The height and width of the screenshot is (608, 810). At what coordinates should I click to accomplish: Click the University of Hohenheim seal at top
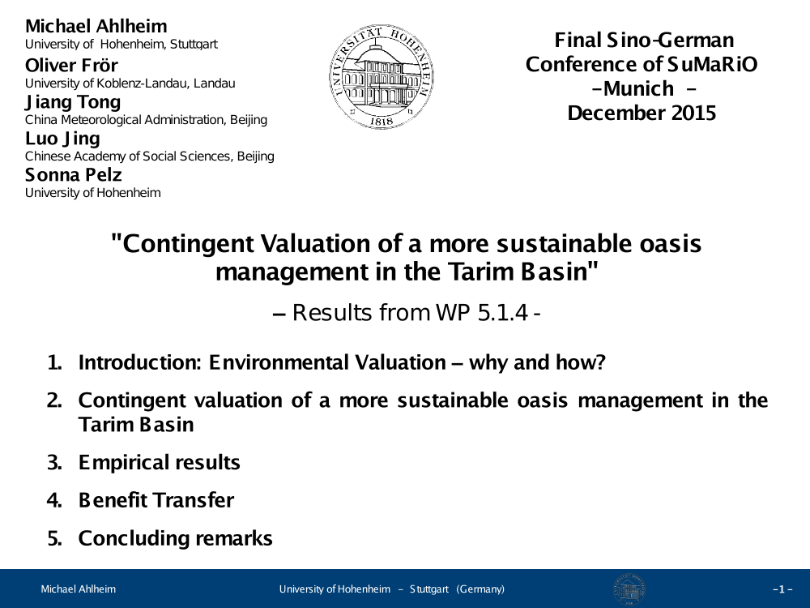click(x=382, y=76)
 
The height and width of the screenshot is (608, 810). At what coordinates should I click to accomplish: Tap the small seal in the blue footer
click(x=629, y=589)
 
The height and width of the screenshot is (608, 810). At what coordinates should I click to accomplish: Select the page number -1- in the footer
click(x=782, y=589)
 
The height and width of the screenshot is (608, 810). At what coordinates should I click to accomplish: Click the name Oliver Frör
click(x=71, y=65)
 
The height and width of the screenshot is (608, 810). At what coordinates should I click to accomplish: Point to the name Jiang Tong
click(x=73, y=102)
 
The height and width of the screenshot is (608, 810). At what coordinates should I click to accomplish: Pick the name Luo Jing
click(x=62, y=139)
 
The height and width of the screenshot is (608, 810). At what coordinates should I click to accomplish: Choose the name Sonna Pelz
click(x=74, y=175)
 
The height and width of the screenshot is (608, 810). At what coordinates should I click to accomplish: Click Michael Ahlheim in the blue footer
click(x=79, y=589)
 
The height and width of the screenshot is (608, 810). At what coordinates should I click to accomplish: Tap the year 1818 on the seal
click(x=382, y=121)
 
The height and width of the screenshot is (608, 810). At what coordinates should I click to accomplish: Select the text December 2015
click(x=642, y=113)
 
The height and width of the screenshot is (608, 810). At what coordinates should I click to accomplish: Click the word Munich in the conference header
click(x=638, y=88)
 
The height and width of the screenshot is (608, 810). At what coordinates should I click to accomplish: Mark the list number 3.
click(x=54, y=463)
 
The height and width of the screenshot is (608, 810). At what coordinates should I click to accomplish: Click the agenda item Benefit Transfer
click(x=156, y=500)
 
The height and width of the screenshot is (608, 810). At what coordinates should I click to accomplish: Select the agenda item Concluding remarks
click(x=175, y=538)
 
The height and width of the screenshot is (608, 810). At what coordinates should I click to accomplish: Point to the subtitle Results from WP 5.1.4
click(x=407, y=313)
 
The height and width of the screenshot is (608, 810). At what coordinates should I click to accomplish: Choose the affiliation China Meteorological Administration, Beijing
click(x=146, y=120)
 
